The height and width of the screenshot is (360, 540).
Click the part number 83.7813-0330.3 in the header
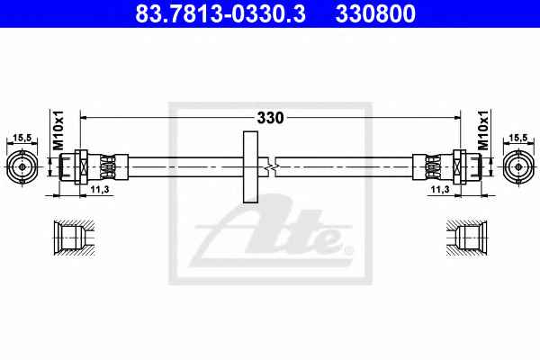click(x=220, y=13)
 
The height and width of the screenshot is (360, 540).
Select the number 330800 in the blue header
click(x=375, y=13)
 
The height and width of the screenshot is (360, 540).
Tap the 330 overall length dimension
click(x=270, y=118)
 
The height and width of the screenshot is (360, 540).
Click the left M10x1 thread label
click(x=58, y=130)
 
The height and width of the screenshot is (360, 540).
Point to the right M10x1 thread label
click(x=482, y=130)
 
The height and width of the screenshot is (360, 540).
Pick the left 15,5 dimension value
click(x=22, y=138)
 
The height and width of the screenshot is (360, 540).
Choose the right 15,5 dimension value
click(x=518, y=138)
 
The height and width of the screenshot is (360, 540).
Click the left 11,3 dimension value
click(x=100, y=189)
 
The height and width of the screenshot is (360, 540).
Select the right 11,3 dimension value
click(x=440, y=189)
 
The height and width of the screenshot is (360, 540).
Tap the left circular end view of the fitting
click(x=22, y=167)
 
